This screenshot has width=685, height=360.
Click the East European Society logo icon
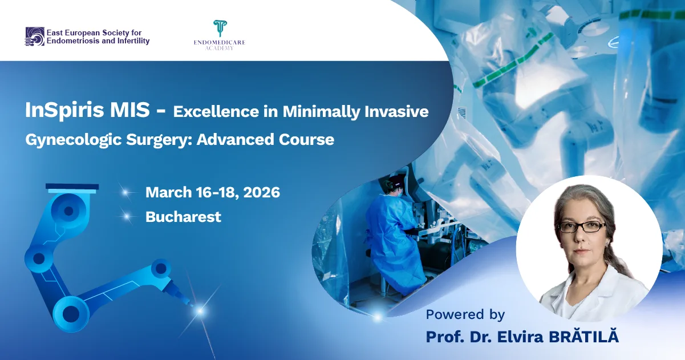tap(35, 37)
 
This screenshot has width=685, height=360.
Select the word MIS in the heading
tap(130, 110)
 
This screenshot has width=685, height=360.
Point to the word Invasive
tap(396, 111)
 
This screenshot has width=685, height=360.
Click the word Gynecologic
tap(74, 140)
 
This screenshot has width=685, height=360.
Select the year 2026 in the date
tap(261, 192)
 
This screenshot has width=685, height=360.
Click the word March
tap(168, 192)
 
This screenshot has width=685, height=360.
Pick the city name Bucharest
tap(183, 217)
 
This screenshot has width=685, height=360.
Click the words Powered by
tap(465, 315)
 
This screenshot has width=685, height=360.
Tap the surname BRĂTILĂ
tap(584, 336)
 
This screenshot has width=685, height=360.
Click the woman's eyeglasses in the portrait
tap(582, 226)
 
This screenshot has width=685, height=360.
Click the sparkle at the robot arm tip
tap(200, 311)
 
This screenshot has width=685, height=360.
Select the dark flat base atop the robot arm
tap(72, 187)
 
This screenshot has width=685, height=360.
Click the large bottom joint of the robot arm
tap(71, 314)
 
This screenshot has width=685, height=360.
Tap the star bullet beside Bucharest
tap(127, 217)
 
